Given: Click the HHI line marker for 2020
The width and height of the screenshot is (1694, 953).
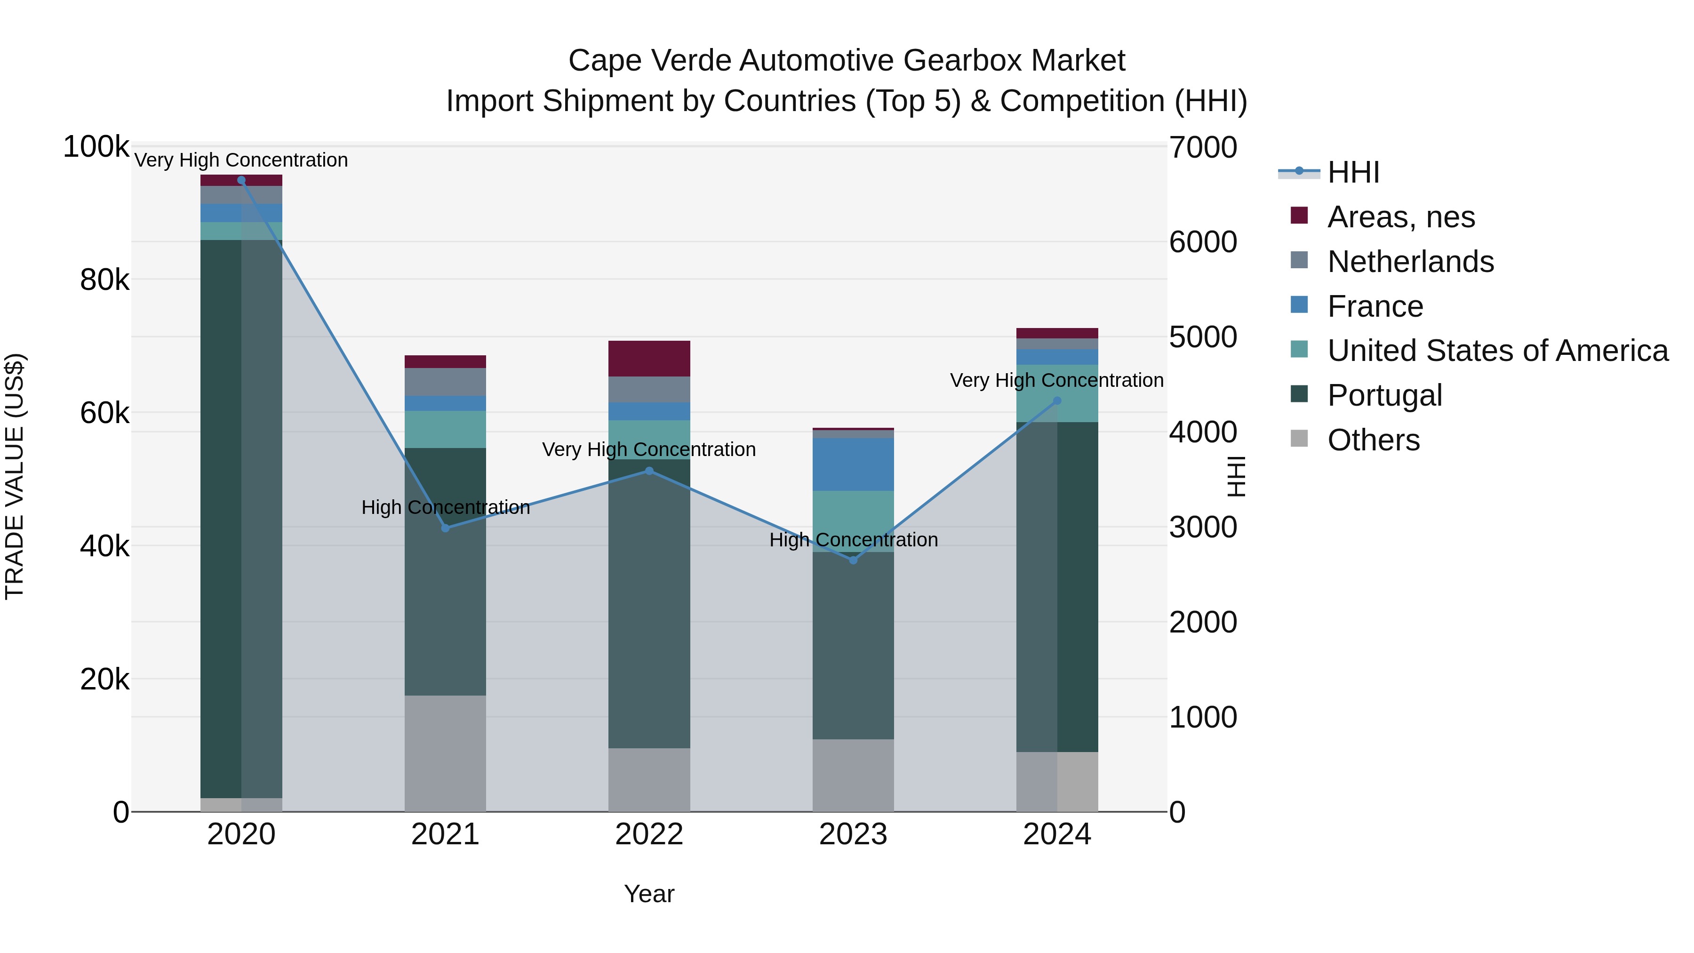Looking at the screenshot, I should [x=241, y=180].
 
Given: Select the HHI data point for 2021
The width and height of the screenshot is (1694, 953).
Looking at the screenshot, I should [x=445, y=528].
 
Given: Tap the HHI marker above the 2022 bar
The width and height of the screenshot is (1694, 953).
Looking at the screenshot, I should [x=649, y=471].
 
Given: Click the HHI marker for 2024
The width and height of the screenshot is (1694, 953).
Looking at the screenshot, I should [x=1057, y=401].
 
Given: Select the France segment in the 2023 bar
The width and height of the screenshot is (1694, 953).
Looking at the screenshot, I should [x=853, y=464].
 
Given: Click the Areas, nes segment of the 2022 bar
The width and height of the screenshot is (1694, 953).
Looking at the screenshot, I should [x=649, y=359].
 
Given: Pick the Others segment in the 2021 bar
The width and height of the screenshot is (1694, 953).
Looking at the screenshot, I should [x=445, y=753].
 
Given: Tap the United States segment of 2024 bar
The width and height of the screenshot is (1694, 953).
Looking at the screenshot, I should [x=1057, y=393].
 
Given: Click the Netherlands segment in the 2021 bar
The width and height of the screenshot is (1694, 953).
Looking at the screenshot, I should [x=445, y=382].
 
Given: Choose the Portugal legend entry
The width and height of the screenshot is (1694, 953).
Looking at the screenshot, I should [x=1384, y=395].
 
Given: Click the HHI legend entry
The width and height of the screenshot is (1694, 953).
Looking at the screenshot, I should [x=1353, y=172].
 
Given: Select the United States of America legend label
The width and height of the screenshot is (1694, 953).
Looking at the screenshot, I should [x=1497, y=351].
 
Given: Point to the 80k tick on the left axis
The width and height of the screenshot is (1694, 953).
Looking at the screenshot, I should [x=104, y=281].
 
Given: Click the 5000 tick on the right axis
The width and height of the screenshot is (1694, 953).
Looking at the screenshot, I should [x=1203, y=337].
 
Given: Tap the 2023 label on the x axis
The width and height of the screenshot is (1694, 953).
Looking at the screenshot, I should [x=853, y=834].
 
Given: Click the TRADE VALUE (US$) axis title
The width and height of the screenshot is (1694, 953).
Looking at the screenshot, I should [x=15, y=476].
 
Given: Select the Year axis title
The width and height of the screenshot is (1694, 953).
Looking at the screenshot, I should [x=649, y=894].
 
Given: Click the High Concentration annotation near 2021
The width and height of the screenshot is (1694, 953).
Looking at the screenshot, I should [x=445, y=507].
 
